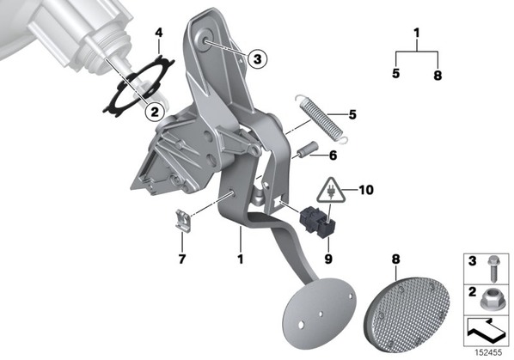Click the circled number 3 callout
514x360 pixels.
click(257, 59)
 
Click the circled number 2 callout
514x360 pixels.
click(155, 112)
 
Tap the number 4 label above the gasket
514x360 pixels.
click(159, 33)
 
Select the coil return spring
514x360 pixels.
click(321, 119)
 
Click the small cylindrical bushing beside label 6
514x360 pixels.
click(308, 149)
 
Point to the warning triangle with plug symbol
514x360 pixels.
click(331, 190)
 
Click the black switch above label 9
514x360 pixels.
click(317, 222)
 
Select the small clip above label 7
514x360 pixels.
click(182, 220)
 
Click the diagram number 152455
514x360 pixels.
click(489, 352)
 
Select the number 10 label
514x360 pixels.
click(366, 190)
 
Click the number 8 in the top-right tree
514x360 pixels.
click(438, 76)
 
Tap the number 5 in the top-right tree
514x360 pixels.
click(396, 73)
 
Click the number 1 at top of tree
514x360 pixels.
click(417, 34)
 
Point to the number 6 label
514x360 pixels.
click(333, 156)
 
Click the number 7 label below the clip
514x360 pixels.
click(182, 259)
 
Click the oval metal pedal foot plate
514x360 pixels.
click(319, 313)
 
